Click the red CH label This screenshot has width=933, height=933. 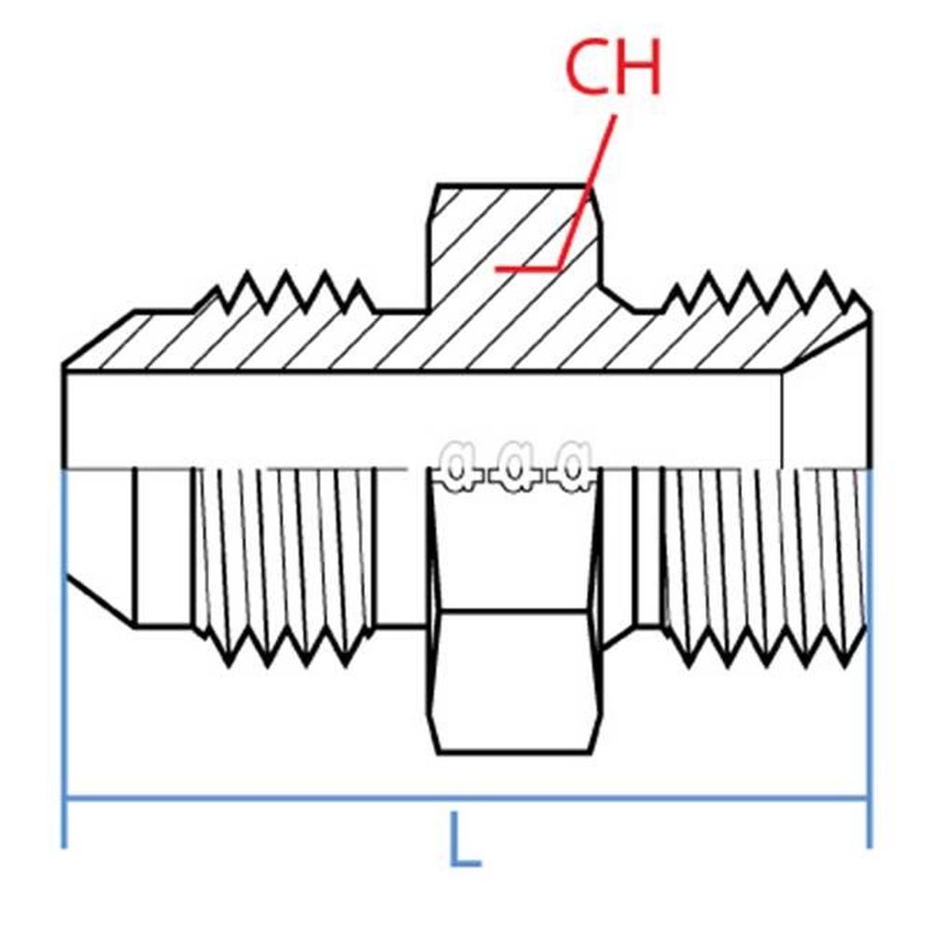click(613, 67)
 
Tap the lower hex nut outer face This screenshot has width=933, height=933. click(513, 681)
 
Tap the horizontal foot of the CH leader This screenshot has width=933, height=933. click(527, 269)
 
